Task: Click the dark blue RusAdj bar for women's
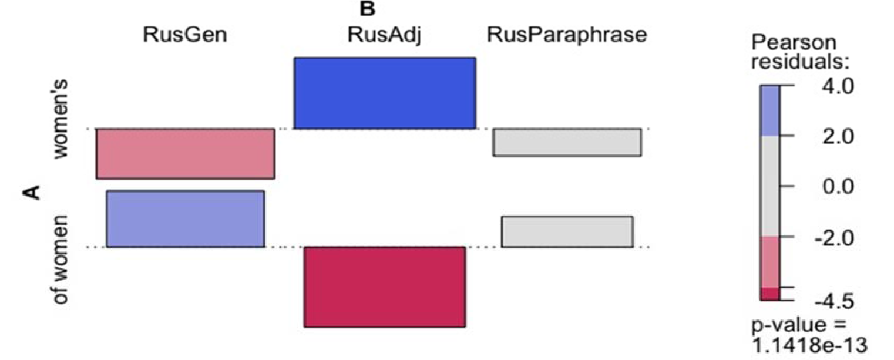tap(385, 93)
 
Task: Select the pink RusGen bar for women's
tap(185, 154)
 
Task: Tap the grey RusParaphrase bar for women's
tap(567, 142)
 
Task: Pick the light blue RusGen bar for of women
tap(185, 218)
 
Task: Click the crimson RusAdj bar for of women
tap(385, 287)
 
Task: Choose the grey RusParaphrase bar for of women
tap(567, 232)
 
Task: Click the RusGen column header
tap(185, 34)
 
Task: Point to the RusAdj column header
tap(384, 34)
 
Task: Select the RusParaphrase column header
tap(567, 34)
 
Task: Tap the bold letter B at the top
tap(367, 9)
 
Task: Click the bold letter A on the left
tap(32, 192)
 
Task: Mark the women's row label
tap(61, 119)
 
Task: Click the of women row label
tap(61, 260)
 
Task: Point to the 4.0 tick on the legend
tap(838, 86)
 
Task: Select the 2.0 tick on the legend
tap(838, 136)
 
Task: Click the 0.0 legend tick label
tap(838, 186)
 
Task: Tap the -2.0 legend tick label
tap(834, 238)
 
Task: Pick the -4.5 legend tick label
tap(834, 301)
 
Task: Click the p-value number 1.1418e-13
tap(809, 345)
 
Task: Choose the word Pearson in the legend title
tap(794, 43)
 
